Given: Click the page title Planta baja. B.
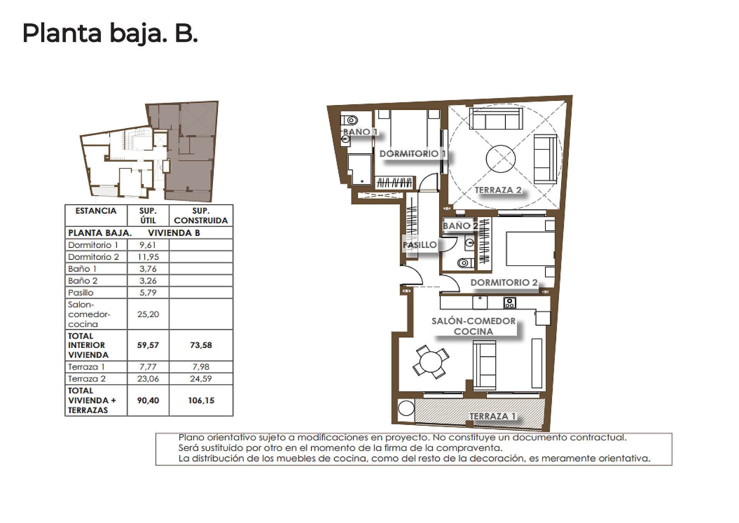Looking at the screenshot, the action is (x=110, y=33).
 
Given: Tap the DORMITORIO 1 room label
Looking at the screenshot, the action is (x=413, y=154).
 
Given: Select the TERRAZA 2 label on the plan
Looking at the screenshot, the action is (x=498, y=190).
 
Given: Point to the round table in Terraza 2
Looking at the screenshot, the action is (x=500, y=159).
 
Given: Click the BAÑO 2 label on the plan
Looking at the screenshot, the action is (x=460, y=226).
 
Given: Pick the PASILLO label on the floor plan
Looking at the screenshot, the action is (x=420, y=245).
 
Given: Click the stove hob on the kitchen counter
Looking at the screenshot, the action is (x=510, y=303).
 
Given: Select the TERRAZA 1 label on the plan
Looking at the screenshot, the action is (x=493, y=416).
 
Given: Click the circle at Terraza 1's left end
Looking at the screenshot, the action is (x=406, y=408).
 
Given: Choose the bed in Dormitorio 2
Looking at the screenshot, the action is (x=530, y=248).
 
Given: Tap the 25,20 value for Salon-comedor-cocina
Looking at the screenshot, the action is (x=148, y=314).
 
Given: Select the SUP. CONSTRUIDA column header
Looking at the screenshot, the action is (x=201, y=216).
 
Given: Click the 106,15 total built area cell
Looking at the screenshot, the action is (x=201, y=401).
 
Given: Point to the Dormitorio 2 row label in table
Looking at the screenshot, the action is (x=94, y=257).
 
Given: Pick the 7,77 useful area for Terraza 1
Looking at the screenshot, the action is (x=148, y=367).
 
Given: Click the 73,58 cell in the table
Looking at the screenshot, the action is (x=201, y=345).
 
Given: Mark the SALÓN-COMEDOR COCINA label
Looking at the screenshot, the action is (x=473, y=326).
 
